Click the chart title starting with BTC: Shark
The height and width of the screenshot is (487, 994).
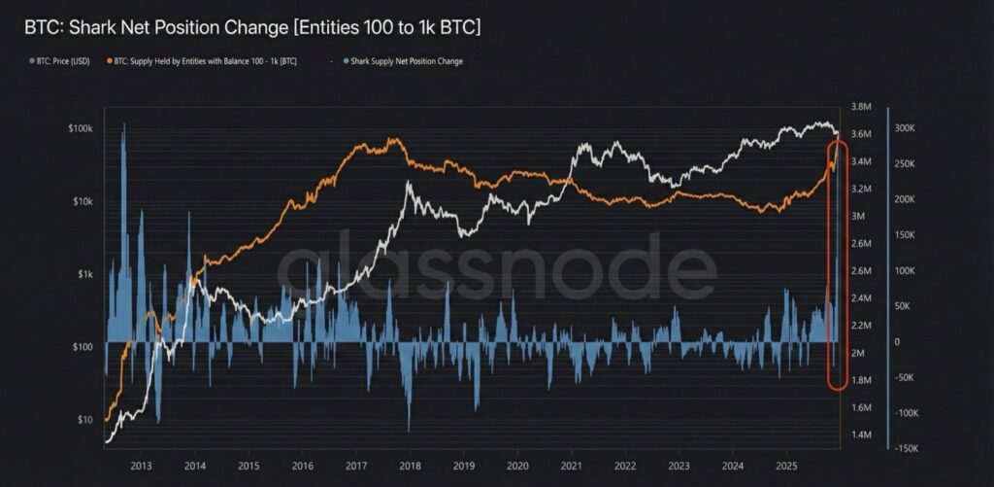tap(252, 27)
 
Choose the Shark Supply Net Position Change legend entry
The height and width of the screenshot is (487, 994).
tap(399, 61)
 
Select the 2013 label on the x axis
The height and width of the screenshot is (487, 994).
tap(141, 465)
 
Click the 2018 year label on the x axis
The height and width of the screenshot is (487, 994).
tap(410, 465)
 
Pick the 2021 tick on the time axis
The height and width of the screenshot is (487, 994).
tap(571, 465)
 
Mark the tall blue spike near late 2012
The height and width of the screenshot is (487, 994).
tap(124, 194)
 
